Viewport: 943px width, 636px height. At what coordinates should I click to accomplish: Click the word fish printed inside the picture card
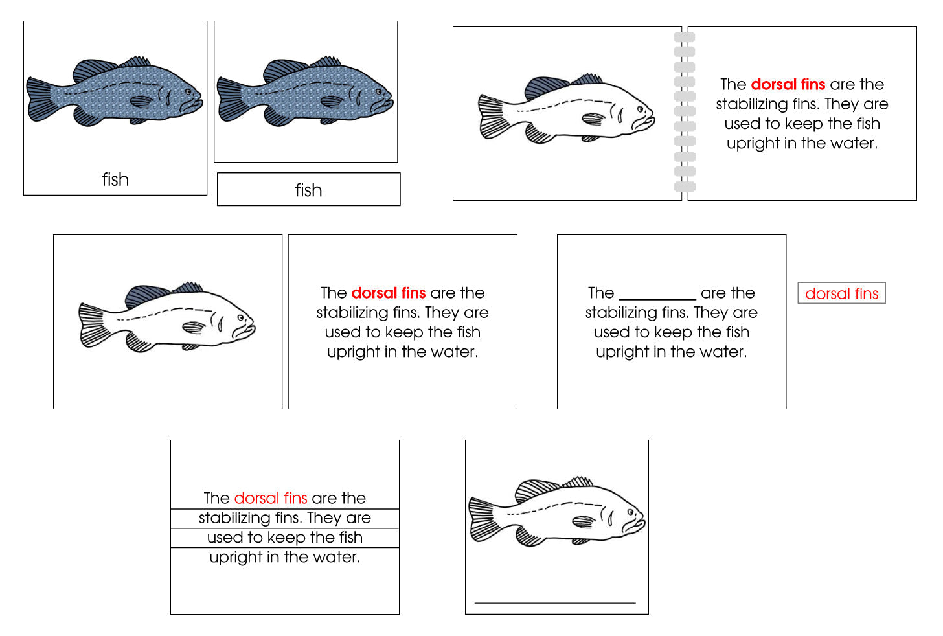pyautogui.click(x=115, y=179)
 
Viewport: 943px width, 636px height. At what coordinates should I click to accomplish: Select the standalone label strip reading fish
pyautogui.click(x=308, y=190)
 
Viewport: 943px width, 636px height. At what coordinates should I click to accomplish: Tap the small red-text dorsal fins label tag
pyautogui.click(x=841, y=293)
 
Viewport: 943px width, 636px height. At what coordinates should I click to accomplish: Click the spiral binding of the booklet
pyautogui.click(x=684, y=113)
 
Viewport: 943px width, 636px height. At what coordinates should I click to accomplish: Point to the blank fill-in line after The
pyautogui.click(x=657, y=295)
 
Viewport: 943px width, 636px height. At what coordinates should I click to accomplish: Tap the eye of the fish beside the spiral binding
pyautogui.click(x=641, y=109)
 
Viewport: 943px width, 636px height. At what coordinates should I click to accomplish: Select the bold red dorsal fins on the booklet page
pyautogui.click(x=788, y=84)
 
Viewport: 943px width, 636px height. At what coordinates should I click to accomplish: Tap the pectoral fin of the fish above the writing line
pyautogui.click(x=584, y=521)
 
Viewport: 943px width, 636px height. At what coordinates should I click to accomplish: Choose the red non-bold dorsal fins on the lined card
pyautogui.click(x=270, y=498)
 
